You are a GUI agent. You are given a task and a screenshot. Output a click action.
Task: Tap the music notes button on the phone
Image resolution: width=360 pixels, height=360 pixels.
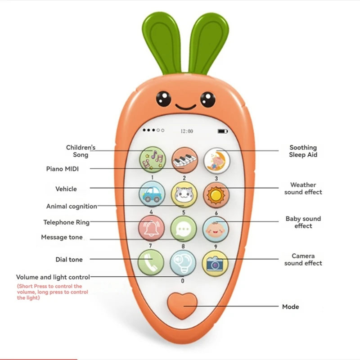tap(153, 160)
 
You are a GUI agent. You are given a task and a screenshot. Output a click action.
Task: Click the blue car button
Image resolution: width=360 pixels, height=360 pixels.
tap(152, 194)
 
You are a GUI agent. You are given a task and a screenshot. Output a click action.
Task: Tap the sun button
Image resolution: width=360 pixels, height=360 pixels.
tap(216, 194)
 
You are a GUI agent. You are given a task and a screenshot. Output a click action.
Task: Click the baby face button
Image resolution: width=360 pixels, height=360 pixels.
tap(215, 229)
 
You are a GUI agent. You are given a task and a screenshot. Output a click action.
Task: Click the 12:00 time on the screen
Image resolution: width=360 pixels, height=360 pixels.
tap(186, 131)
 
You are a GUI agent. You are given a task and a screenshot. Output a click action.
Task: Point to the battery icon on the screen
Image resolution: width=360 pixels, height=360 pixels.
tap(222, 131)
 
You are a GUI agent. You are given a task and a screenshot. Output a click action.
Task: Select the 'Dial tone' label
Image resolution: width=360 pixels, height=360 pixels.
tap(69, 259)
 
